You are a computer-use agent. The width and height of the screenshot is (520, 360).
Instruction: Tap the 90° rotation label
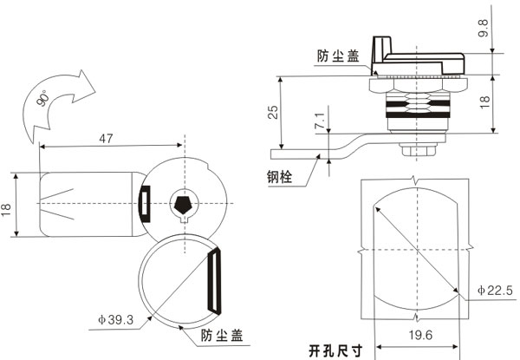tap(44, 100)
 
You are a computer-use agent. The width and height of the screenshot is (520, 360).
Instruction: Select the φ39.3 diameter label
tap(115, 320)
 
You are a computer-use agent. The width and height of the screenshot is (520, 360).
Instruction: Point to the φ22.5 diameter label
tap(495, 291)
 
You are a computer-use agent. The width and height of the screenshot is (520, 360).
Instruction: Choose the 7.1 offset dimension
tap(322, 123)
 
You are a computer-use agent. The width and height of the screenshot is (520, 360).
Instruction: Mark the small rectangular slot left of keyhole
tap(145, 199)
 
